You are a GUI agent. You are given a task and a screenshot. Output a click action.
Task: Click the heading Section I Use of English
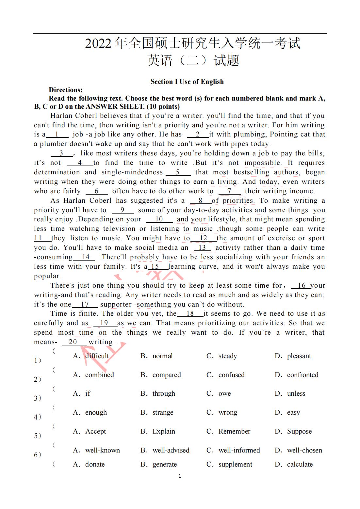point(187,82)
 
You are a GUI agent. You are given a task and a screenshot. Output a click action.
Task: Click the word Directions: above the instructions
point(66,90)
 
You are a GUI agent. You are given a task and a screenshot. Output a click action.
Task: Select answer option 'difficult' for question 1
point(97,356)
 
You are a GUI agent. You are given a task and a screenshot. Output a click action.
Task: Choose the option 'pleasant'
point(299,356)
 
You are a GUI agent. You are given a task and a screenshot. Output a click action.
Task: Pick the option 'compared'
point(166,375)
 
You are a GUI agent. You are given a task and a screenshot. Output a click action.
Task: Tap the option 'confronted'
point(303,375)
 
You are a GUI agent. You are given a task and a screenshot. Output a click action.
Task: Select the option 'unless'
point(296,393)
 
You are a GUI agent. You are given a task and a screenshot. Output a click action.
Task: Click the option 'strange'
point(163,412)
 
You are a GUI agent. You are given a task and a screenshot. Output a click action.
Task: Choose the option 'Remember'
point(234,431)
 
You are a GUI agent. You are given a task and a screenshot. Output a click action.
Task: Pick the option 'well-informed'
point(239,450)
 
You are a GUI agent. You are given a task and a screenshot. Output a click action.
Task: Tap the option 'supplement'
point(235,464)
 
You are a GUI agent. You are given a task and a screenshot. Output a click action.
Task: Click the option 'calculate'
point(300,464)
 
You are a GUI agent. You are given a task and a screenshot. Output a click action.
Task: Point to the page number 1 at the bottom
point(180,476)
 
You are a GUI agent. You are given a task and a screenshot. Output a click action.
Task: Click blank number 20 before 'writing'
point(73,342)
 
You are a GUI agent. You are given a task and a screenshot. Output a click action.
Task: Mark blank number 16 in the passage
point(301,285)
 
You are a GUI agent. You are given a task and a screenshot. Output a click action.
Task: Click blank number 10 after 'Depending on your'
point(159,219)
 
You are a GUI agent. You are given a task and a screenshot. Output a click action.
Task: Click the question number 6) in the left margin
point(38,454)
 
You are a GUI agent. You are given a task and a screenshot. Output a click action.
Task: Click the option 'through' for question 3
point(164,393)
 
